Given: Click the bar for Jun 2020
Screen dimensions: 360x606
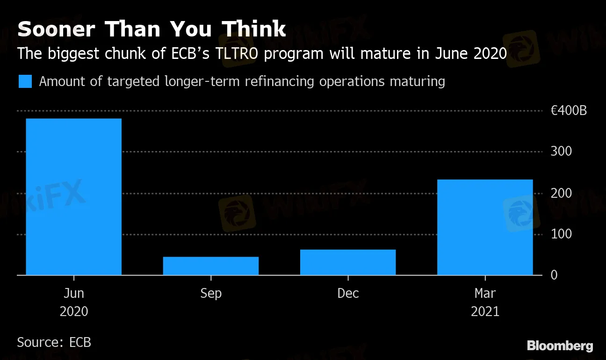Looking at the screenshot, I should point(73,196).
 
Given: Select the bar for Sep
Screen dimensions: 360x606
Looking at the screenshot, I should point(210,266).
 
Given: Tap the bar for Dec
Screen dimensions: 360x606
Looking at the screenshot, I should point(348,262).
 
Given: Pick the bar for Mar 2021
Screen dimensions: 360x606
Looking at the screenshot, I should point(485,227).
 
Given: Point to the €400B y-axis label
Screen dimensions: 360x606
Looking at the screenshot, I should point(569,111).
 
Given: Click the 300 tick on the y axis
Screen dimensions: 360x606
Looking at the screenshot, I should point(561,152).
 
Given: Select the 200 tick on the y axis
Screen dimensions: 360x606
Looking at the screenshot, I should point(561,193).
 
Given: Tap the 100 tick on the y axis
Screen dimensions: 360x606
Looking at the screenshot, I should point(561,234).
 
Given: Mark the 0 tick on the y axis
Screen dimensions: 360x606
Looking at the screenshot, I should point(554,275).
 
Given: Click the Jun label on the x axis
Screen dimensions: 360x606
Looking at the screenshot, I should point(73,293).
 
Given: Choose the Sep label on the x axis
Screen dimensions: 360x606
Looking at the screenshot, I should point(210,293).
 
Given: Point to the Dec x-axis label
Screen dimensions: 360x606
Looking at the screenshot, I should point(348,293).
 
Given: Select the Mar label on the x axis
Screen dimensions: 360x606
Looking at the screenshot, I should point(485,293).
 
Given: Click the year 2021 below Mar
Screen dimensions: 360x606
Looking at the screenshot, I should point(485,311).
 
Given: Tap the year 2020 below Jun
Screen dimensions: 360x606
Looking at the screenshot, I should point(73,311).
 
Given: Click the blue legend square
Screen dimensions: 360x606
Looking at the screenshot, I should point(25,81).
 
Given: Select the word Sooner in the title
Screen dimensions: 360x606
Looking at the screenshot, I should point(57,29).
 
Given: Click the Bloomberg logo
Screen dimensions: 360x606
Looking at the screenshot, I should point(560,346).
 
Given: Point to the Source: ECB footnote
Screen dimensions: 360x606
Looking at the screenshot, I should point(54,342).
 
